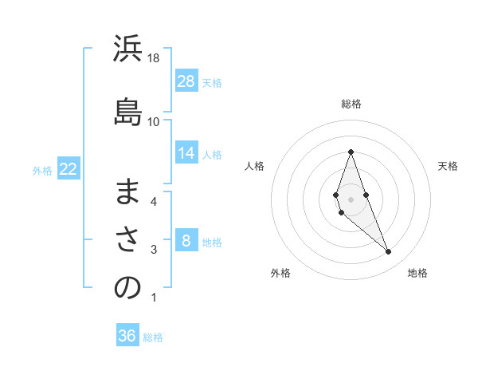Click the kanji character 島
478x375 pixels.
pyautogui.click(x=127, y=108)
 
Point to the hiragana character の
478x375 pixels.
pyautogui.click(x=127, y=289)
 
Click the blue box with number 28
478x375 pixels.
pyautogui.click(x=186, y=81)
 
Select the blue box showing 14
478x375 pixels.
pyautogui.click(x=186, y=153)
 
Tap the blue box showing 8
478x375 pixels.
pyautogui.click(x=186, y=241)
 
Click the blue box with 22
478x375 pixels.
pyautogui.click(x=68, y=169)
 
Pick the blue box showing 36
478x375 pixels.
pyautogui.click(x=127, y=336)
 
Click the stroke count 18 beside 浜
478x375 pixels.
pyautogui.click(x=154, y=58)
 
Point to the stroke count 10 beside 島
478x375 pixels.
pyautogui.click(x=154, y=121)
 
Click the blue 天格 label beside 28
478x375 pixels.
pyautogui.click(x=212, y=82)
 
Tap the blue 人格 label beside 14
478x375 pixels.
pyautogui.click(x=212, y=154)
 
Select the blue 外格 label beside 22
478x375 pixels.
pyautogui.click(x=42, y=170)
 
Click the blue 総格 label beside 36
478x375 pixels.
pyautogui.click(x=153, y=337)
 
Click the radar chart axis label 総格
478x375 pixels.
pyautogui.click(x=351, y=104)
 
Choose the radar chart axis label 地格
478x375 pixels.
pyautogui.click(x=417, y=273)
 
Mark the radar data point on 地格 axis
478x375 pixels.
pyautogui.click(x=388, y=252)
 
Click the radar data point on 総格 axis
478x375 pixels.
pyautogui.click(x=351, y=152)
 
